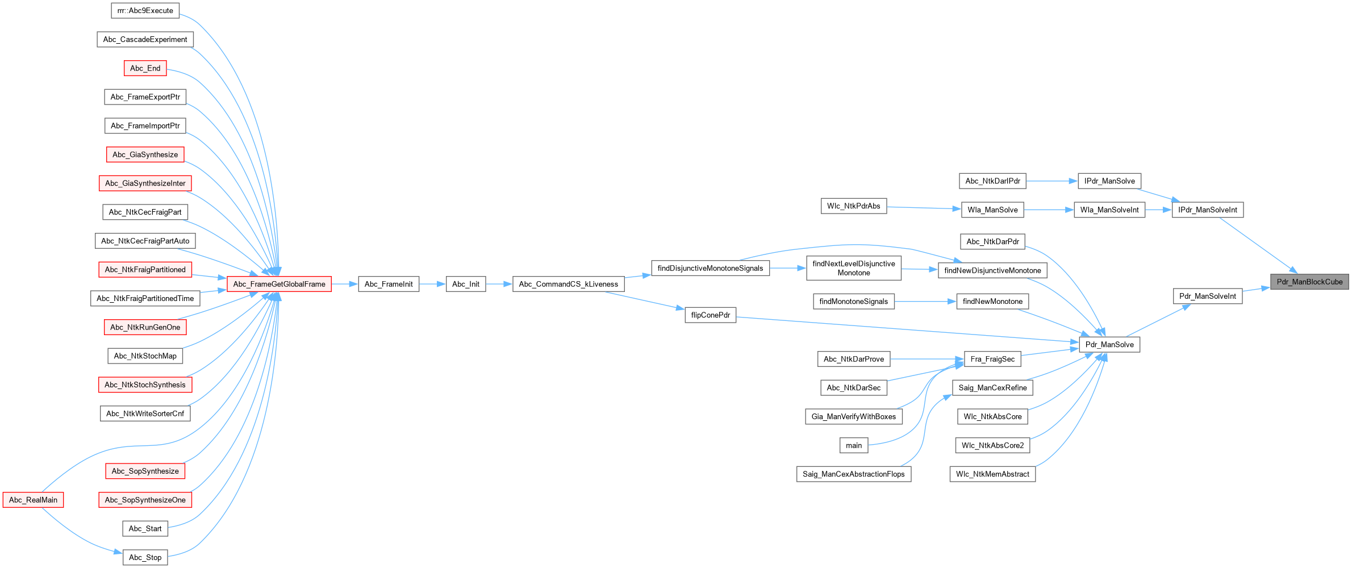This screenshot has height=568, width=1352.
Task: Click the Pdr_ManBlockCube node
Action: point(1309,282)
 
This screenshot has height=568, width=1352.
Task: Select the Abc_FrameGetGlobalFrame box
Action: point(279,284)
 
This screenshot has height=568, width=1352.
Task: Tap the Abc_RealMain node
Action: point(33,500)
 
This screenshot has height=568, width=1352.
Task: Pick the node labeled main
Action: point(853,445)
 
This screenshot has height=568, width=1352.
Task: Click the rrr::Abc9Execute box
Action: point(145,10)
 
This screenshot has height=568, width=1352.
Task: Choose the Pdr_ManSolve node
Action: point(1109,344)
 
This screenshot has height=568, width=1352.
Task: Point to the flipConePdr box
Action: point(710,315)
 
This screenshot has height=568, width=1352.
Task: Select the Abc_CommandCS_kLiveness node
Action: point(568,284)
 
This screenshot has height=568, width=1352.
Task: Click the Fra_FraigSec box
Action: point(992,359)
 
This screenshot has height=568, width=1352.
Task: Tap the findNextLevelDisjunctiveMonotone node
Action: point(853,268)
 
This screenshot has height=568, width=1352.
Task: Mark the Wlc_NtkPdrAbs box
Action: point(853,206)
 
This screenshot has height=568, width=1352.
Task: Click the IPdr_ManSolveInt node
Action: point(1207,210)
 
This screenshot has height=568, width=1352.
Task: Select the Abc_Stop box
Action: point(145,557)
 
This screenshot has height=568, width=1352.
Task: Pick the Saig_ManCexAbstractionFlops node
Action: point(853,474)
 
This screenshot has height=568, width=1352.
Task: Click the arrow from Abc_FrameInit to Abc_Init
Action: point(432,284)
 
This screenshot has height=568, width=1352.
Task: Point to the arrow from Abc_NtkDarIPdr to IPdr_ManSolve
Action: point(1051,181)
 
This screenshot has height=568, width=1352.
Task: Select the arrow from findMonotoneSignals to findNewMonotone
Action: point(925,302)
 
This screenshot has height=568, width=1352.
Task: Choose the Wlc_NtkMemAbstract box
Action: point(992,474)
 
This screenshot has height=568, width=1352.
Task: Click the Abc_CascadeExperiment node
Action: point(145,39)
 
